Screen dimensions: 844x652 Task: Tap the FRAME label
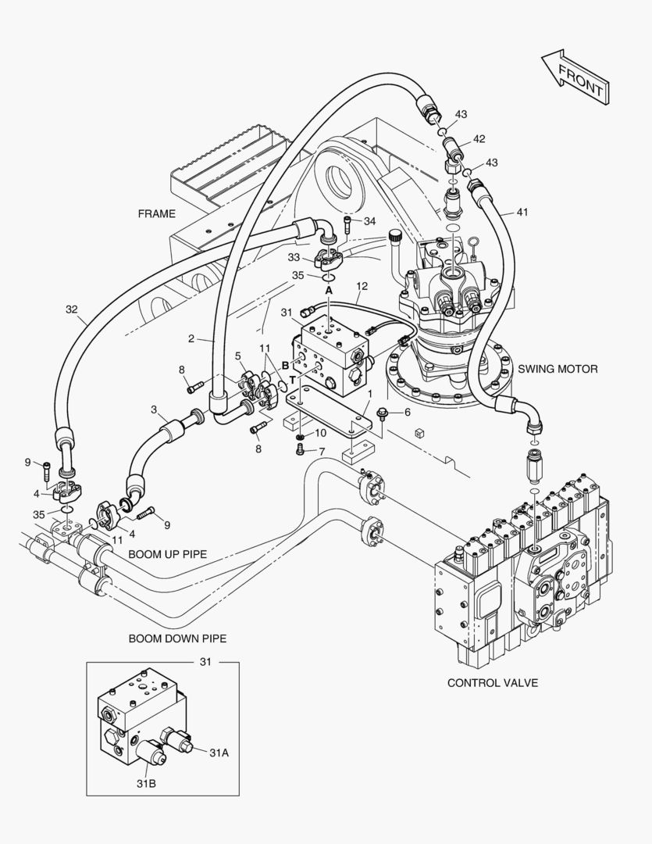pyautogui.click(x=157, y=213)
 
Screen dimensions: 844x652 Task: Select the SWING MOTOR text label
pyautogui.click(x=558, y=369)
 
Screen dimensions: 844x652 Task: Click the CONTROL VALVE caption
pyautogui.click(x=492, y=682)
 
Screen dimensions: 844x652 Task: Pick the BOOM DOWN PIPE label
pyautogui.click(x=177, y=638)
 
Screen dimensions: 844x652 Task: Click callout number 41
pyautogui.click(x=522, y=212)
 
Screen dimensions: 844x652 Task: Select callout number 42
pyautogui.click(x=479, y=139)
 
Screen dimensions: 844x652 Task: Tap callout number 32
pyautogui.click(x=72, y=309)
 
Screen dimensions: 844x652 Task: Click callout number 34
pyautogui.click(x=369, y=221)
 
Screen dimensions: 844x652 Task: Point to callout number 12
pyautogui.click(x=362, y=286)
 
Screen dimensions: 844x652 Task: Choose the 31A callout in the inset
pyautogui.click(x=219, y=752)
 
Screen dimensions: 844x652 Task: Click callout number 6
pyautogui.click(x=406, y=412)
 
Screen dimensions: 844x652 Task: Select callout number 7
pyautogui.click(x=321, y=451)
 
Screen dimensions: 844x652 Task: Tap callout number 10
pyautogui.click(x=320, y=434)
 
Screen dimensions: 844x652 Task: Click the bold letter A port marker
pyautogui.click(x=329, y=290)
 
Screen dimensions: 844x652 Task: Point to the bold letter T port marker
pyautogui.click(x=292, y=379)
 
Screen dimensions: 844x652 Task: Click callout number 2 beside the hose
pyautogui.click(x=191, y=338)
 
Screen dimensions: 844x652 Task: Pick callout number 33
pyautogui.click(x=294, y=256)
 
